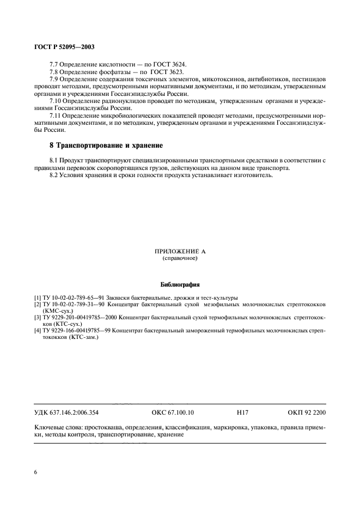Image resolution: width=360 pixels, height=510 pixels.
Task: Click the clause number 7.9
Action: pos(54,80)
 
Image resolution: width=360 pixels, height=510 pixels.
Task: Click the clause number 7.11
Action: pos(56,116)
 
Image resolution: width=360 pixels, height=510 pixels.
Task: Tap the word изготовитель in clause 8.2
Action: pos(256,175)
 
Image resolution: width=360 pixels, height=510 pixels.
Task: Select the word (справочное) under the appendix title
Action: pos(180,258)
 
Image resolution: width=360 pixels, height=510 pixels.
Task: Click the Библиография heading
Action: pos(180,284)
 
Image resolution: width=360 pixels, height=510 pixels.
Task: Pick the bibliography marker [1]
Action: pos(37,297)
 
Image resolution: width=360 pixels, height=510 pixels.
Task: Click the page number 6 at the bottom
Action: pos(35,472)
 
